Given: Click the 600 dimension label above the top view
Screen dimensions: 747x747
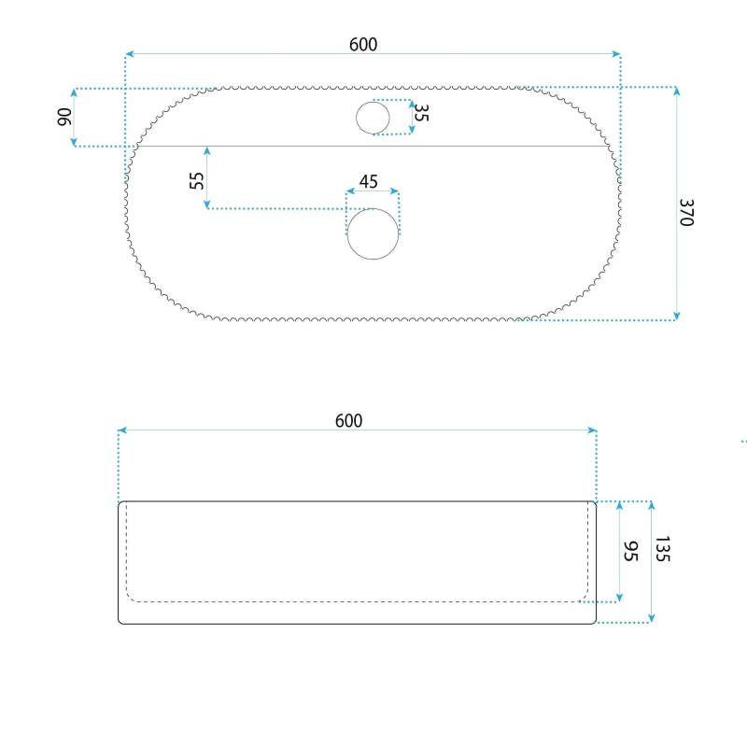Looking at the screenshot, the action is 363,45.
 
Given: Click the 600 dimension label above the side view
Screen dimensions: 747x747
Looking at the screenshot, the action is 348,421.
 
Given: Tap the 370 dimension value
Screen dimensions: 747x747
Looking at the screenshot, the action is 686,213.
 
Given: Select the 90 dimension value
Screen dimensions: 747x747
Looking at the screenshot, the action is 64,118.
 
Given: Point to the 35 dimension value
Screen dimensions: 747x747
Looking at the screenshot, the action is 421,112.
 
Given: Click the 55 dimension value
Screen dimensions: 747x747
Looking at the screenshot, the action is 196,180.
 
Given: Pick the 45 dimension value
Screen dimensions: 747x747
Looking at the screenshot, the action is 368,181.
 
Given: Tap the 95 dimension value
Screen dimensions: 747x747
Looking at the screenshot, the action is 630,551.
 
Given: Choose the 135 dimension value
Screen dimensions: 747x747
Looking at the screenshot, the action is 663,549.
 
